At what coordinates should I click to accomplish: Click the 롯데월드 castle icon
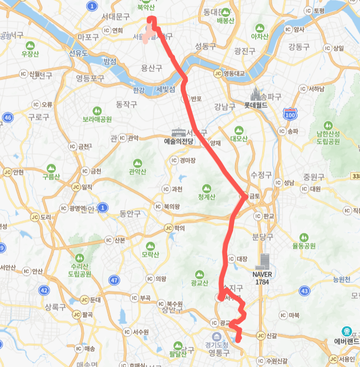(x=256, y=93)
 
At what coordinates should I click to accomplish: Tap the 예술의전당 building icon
(x=178, y=132)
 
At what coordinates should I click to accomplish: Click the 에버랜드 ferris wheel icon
(x=346, y=332)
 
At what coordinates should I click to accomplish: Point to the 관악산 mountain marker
(x=138, y=163)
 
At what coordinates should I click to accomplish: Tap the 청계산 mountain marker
(x=207, y=188)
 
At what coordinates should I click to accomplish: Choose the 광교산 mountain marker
(x=200, y=274)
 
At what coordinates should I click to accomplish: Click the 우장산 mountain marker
(x=30, y=45)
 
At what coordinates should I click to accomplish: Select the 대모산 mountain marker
(x=238, y=130)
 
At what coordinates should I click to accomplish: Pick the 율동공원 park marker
(x=303, y=237)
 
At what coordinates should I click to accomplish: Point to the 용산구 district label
(x=151, y=68)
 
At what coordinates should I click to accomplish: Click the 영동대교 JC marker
(x=218, y=74)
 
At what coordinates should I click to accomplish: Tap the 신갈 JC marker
(x=260, y=336)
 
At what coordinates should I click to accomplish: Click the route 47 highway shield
(x=114, y=280)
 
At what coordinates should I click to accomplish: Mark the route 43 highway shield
(x=305, y=291)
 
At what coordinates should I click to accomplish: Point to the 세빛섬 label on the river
(x=166, y=90)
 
